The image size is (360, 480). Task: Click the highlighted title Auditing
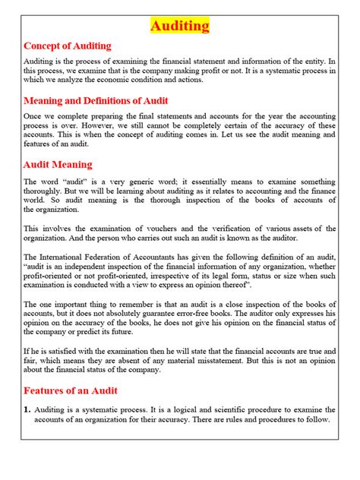[179, 26]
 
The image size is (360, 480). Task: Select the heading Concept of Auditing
[68, 46]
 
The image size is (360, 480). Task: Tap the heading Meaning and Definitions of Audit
[96, 100]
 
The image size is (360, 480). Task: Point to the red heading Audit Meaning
[58, 164]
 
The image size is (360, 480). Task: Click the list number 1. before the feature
[28, 411]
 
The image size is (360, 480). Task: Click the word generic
[145, 182]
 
